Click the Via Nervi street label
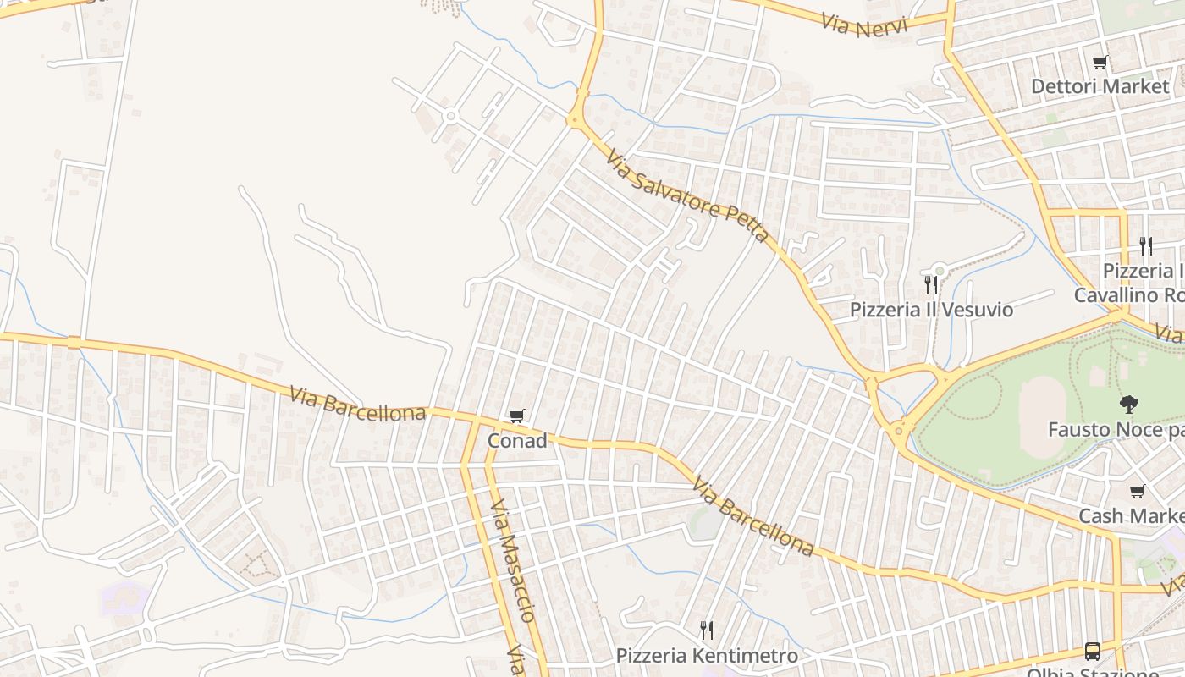coord(863,25)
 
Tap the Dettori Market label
coord(1100,86)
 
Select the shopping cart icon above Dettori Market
coord(1100,62)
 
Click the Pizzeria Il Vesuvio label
coord(931,310)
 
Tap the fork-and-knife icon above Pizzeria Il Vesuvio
coord(931,284)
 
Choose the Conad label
coord(517,441)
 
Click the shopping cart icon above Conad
coord(517,416)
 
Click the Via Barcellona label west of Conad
coord(357,404)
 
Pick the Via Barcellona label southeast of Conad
coord(752,516)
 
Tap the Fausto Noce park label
coord(1116,430)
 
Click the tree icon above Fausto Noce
coord(1128,405)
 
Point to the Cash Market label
coord(1131,516)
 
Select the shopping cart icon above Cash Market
coord(1137,492)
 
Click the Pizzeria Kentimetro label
coord(707,656)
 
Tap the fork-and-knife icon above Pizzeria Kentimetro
coord(707,630)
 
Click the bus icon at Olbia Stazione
coord(1093,651)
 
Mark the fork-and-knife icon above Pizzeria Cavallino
coord(1146,246)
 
